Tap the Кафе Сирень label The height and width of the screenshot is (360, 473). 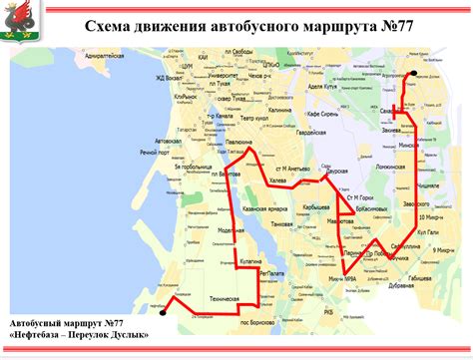(x=326, y=116)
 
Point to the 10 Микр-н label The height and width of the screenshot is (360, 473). (x=430, y=215)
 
